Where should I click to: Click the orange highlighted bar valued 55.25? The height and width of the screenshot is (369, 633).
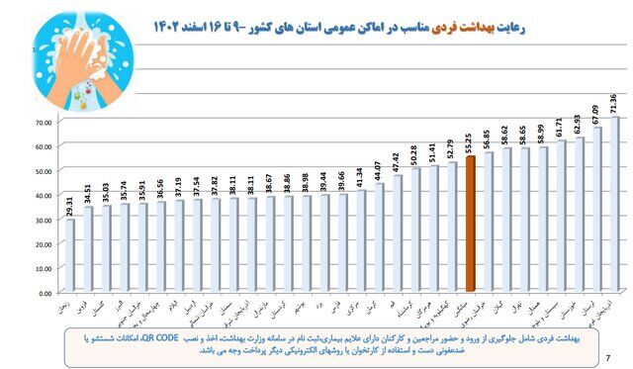pos(471,224)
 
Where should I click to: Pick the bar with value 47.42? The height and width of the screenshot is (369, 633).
pos(399,233)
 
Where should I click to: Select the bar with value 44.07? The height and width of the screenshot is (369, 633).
pos(380,237)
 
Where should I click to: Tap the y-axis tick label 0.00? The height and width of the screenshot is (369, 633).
pos(44,293)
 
